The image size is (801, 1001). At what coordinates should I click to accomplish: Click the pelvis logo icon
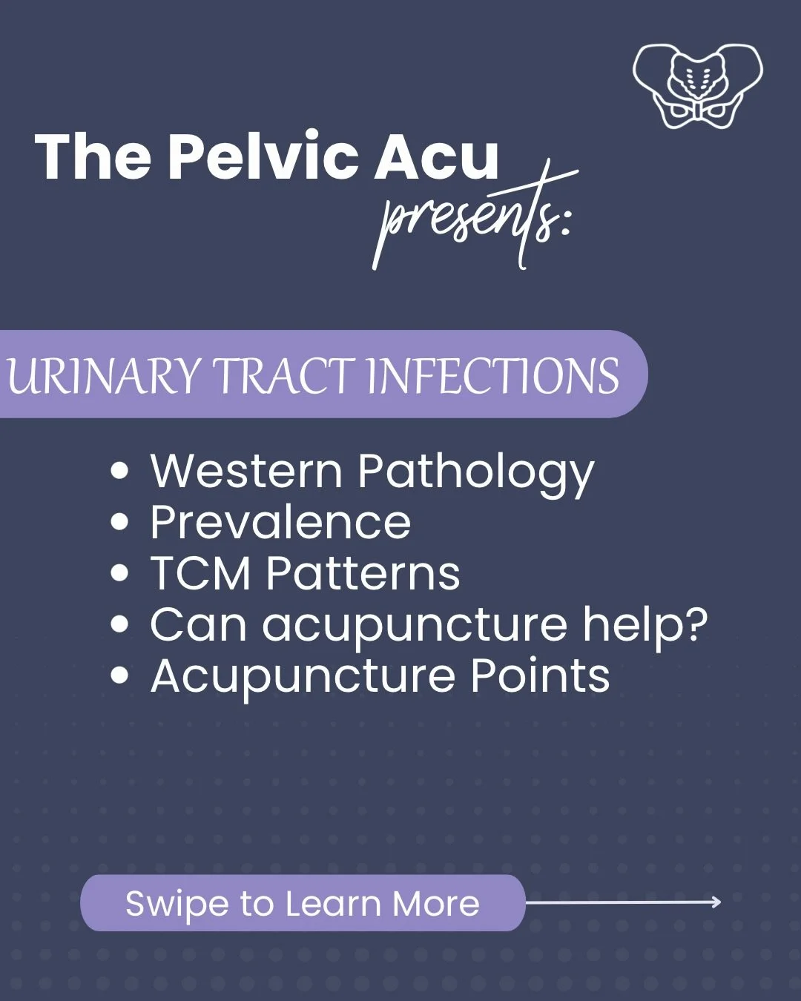click(697, 85)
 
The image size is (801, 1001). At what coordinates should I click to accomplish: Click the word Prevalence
click(280, 523)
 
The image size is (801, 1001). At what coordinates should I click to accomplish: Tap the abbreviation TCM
click(200, 574)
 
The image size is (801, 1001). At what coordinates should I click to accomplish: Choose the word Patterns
click(363, 574)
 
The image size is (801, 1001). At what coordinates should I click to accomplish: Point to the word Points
click(540, 676)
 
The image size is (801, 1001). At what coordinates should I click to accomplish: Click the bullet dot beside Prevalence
click(119, 522)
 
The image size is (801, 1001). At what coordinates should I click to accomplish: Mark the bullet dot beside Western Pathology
click(119, 471)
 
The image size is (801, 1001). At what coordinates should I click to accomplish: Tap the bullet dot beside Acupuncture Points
click(119, 676)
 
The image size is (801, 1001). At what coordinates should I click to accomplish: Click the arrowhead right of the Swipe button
click(716, 902)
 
